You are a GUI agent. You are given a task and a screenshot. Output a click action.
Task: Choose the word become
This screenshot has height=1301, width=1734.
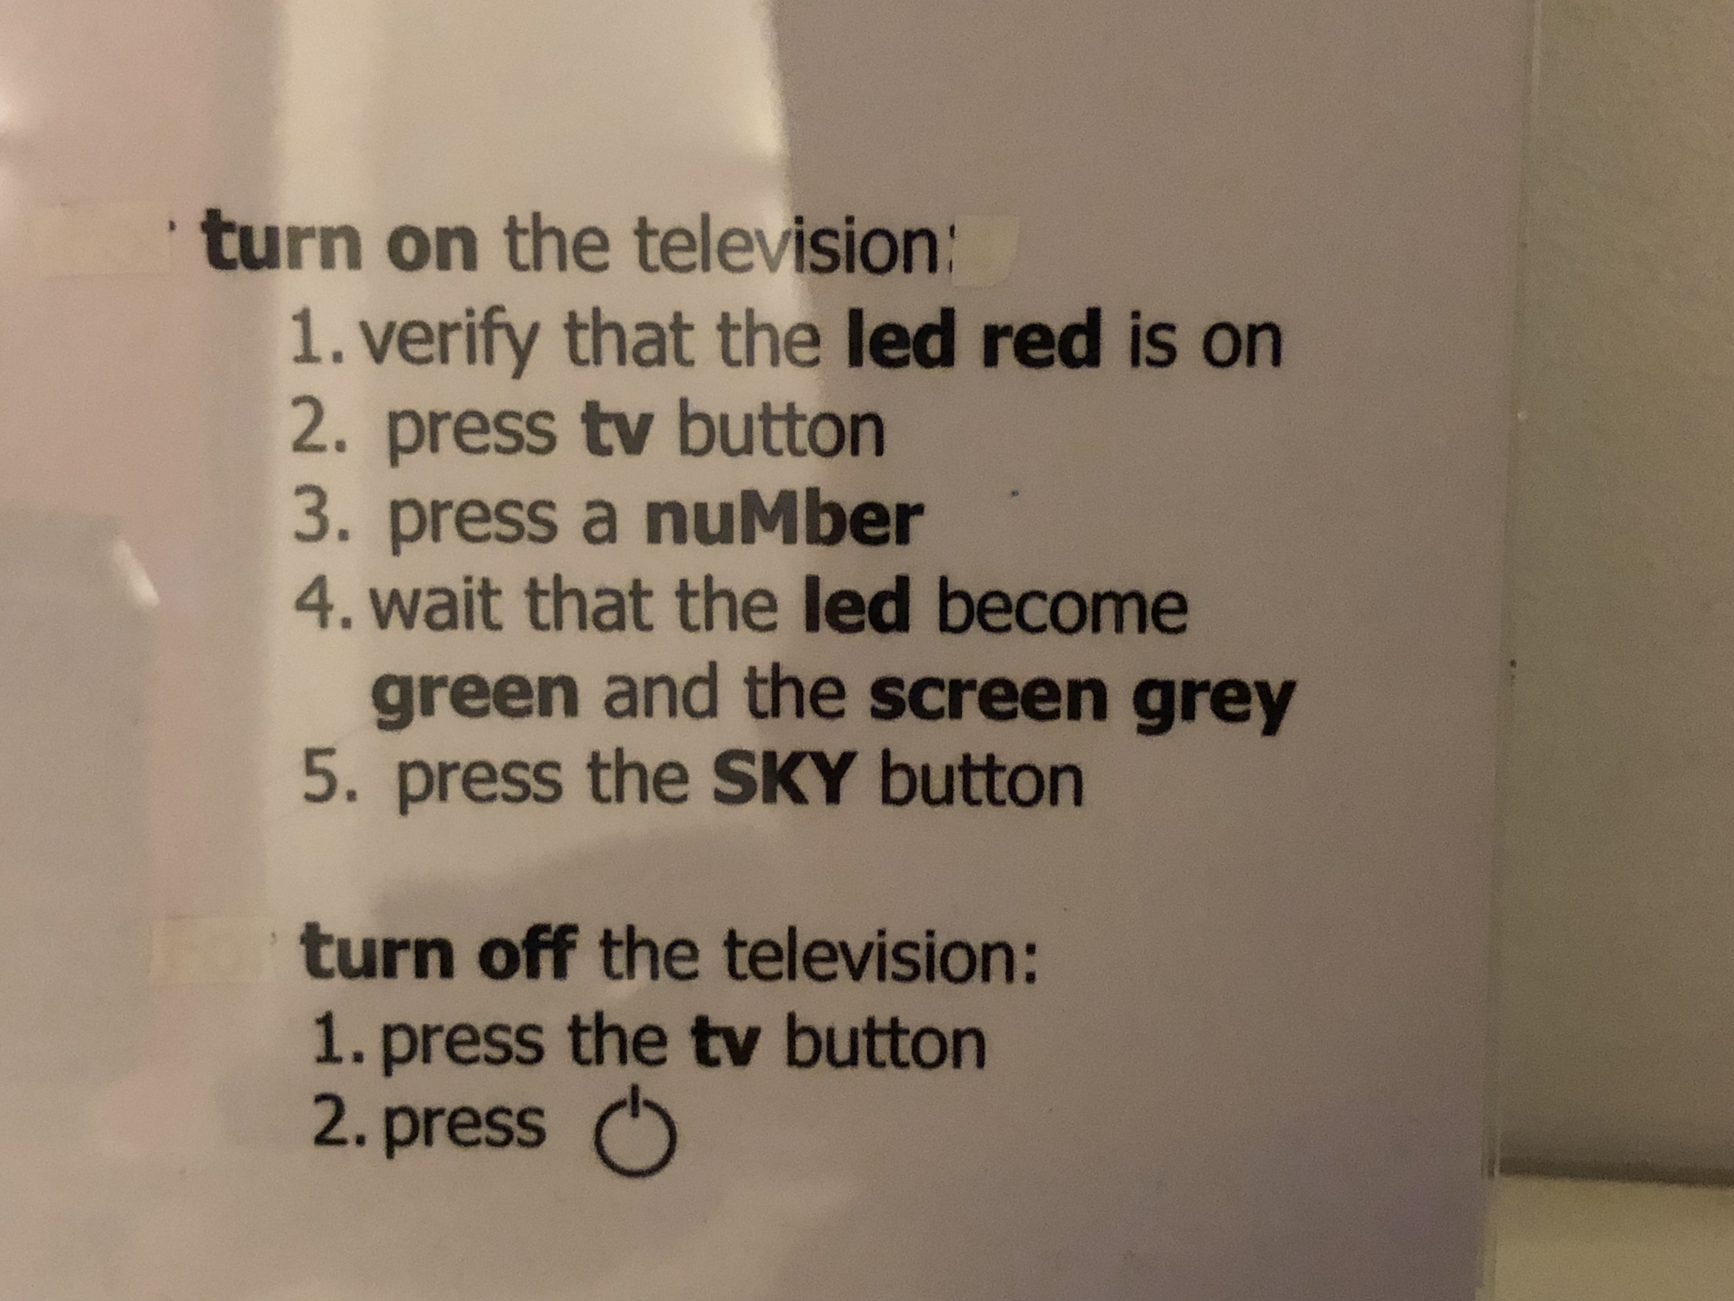tap(1063, 607)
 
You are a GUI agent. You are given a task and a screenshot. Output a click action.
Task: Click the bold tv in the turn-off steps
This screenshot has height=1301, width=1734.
tap(722, 1042)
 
